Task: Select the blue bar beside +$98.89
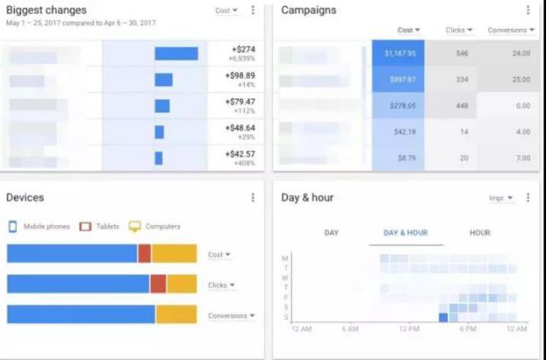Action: (164, 79)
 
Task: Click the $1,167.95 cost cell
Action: (399, 53)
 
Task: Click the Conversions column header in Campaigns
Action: (509, 31)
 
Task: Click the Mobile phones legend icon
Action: (13, 226)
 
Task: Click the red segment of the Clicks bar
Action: (158, 284)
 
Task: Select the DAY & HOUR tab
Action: (405, 233)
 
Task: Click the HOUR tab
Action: (479, 233)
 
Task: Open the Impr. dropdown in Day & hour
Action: (501, 198)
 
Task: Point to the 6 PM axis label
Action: (467, 329)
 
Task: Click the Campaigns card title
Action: (309, 10)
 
